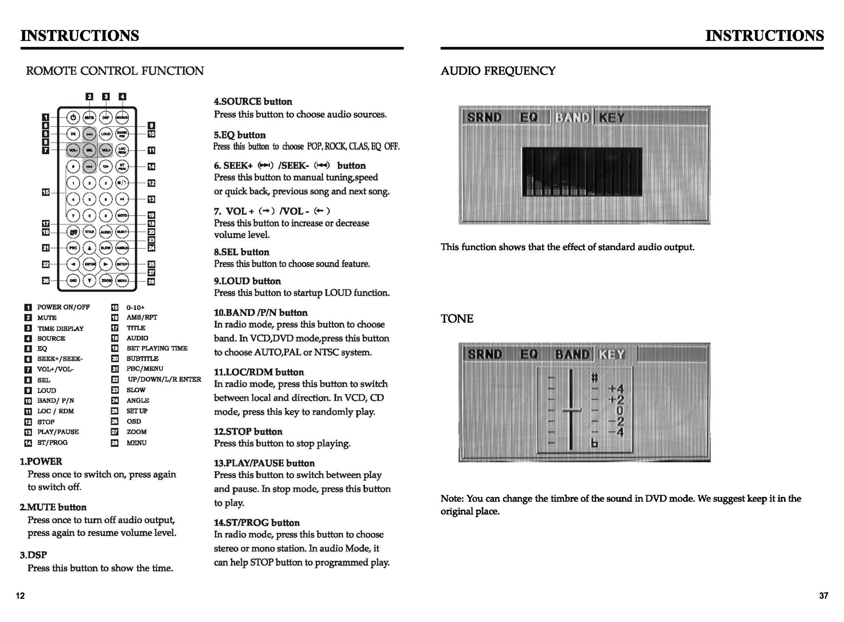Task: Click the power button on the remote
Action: (x=73, y=118)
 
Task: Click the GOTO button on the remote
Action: (x=122, y=215)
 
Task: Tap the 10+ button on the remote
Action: (x=106, y=166)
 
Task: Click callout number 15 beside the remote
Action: (x=45, y=192)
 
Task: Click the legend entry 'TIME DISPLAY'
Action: (x=60, y=328)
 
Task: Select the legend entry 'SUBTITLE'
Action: (x=142, y=358)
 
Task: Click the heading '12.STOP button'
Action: (x=248, y=432)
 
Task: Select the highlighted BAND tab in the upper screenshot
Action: (x=572, y=118)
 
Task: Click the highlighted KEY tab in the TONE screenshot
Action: (x=611, y=354)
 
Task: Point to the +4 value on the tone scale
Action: (x=616, y=388)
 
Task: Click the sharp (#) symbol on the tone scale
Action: (x=594, y=377)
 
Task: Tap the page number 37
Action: (x=823, y=596)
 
